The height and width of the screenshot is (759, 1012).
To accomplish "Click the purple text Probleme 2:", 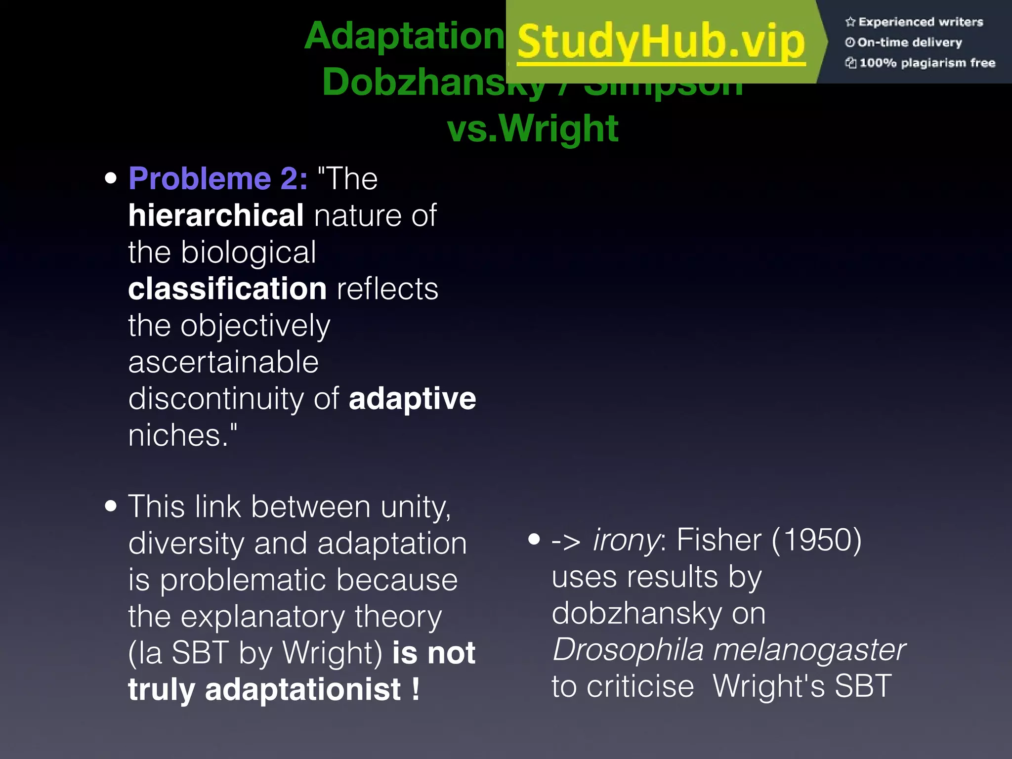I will (217, 179).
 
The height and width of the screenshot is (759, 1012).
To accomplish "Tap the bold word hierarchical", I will (216, 216).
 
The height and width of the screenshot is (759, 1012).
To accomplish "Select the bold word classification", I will (227, 289).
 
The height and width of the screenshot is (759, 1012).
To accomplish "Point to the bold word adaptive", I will (412, 399).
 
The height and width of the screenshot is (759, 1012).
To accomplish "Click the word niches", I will (178, 436).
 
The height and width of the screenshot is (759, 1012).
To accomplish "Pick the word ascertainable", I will (223, 362).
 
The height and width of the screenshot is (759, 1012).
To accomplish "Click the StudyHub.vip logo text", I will (661, 42).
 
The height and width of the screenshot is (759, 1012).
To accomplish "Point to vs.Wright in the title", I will (532, 128).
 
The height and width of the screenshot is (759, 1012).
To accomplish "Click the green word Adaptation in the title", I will (404, 37).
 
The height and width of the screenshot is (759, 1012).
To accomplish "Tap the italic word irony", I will (626, 540).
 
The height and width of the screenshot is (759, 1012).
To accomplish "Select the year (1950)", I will (816, 540).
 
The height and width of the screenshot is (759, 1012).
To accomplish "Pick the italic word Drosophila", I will (628, 650).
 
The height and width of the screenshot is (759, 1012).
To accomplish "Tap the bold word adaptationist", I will (303, 690).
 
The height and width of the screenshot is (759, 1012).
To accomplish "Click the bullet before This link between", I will (111, 506).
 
